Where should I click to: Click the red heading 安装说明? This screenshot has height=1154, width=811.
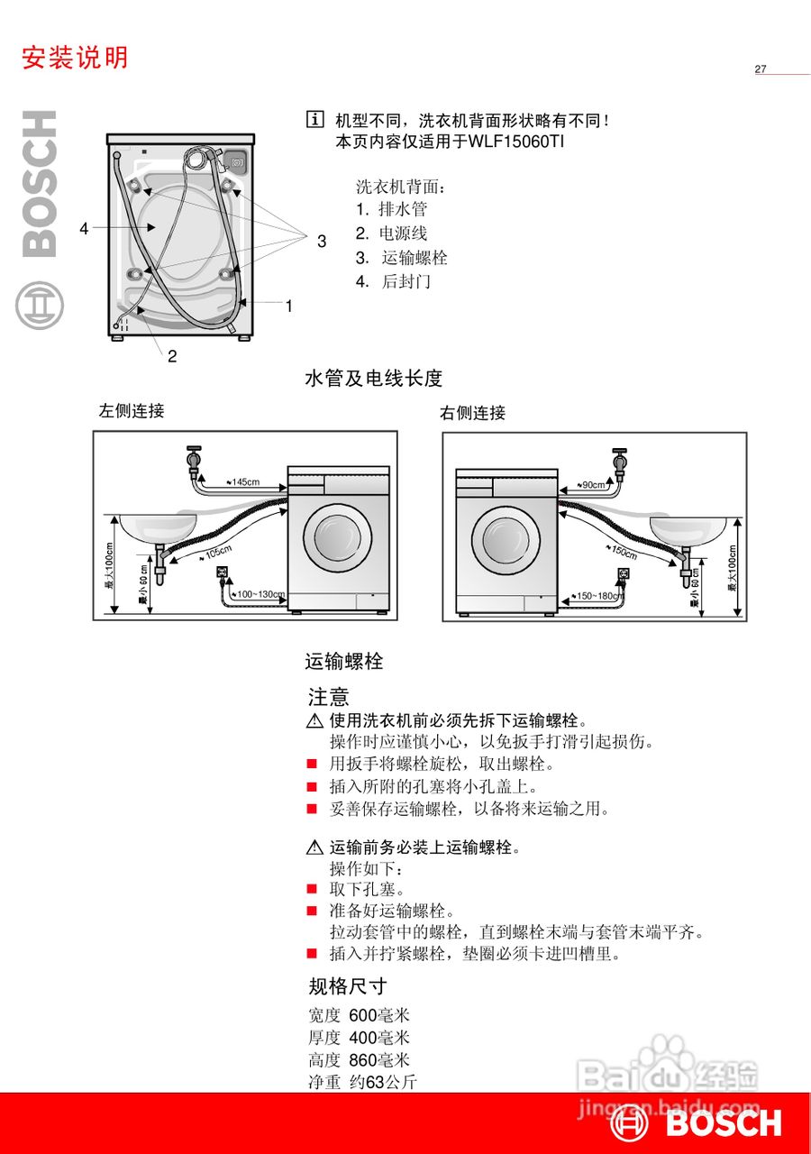75,58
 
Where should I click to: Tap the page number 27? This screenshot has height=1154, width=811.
761,69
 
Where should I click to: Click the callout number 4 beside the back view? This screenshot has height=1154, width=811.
84,229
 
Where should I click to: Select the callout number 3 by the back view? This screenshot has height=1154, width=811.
322,241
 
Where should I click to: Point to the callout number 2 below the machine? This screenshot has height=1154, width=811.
172,355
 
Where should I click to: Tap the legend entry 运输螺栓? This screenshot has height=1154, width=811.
414,258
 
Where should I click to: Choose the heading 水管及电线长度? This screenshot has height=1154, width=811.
374,379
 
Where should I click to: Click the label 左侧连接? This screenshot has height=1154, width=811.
132,411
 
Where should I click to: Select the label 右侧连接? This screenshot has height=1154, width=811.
472,413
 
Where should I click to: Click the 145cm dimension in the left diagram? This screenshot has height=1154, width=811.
243,482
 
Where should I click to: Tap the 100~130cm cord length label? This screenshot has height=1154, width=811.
260,595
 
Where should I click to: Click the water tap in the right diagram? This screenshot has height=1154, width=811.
620,463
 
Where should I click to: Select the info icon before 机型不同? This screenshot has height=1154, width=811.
314,119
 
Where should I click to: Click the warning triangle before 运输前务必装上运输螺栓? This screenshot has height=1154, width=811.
314,847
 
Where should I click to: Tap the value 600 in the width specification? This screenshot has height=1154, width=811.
362,1015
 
